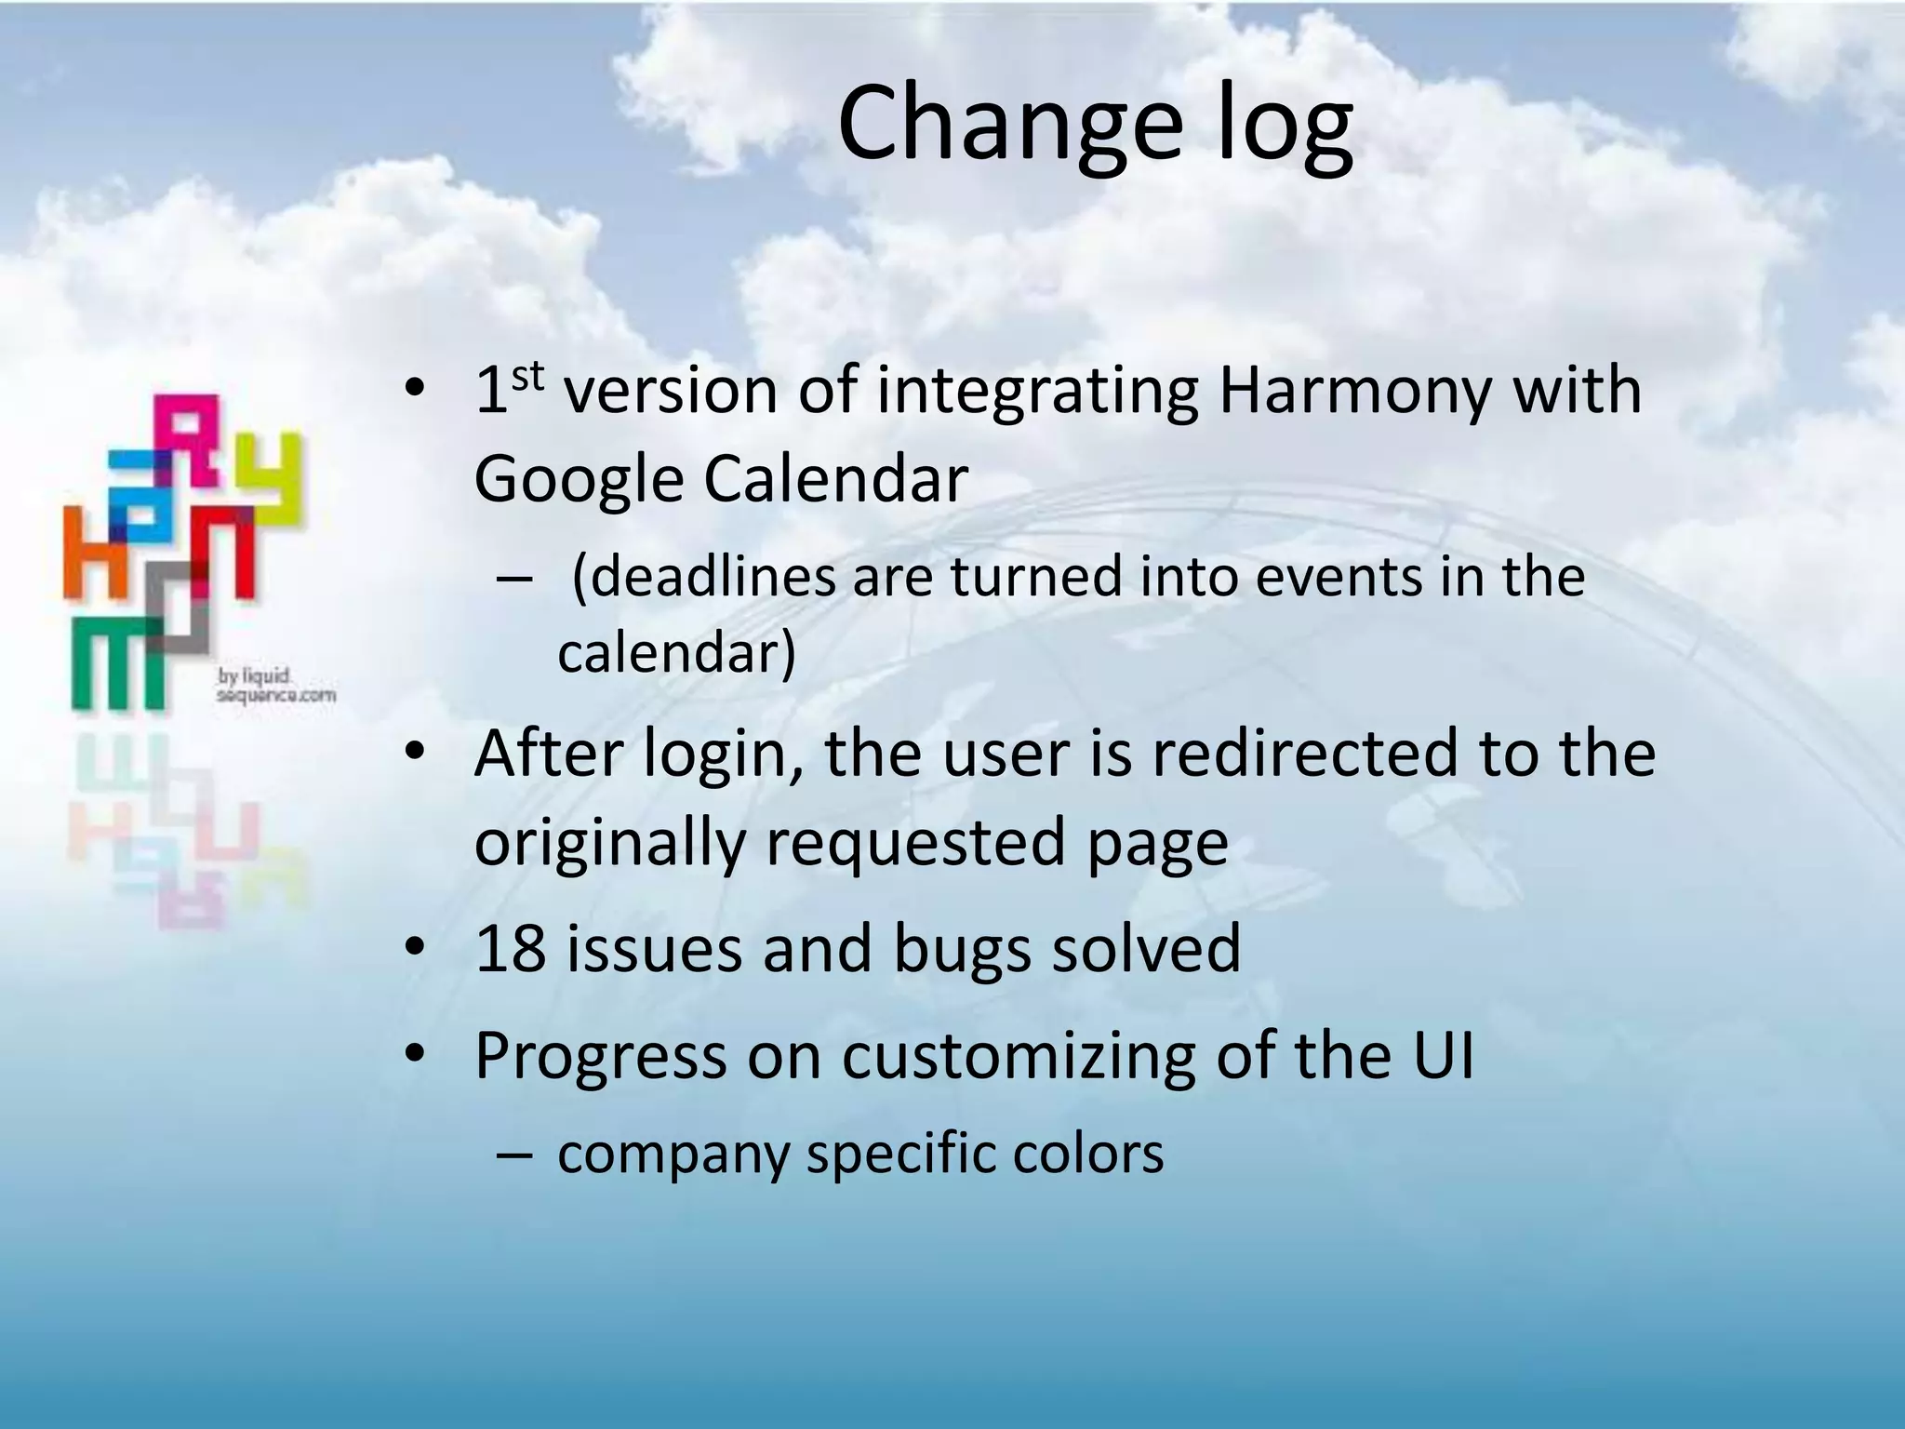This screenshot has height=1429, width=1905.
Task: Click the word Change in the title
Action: [1010, 125]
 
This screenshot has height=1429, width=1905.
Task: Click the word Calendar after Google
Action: [835, 479]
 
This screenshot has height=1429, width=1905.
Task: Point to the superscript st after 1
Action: [527, 375]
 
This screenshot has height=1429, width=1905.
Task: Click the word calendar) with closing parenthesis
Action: [676, 653]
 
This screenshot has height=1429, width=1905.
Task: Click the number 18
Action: [510, 949]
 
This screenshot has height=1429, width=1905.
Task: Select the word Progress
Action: [600, 1058]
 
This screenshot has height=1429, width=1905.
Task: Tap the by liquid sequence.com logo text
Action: [275, 686]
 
